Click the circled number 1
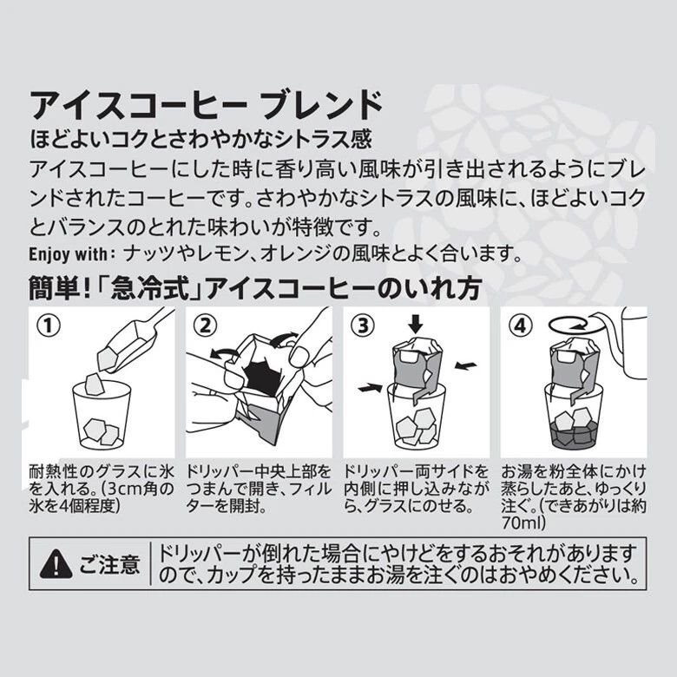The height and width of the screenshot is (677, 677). tap(49, 325)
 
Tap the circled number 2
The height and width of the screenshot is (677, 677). tap(206, 325)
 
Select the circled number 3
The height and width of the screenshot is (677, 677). tap(363, 325)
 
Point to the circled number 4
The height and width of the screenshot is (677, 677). tap(520, 325)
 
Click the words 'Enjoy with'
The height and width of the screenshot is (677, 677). tap(68, 254)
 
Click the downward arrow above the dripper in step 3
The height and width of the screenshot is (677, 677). tap(415, 325)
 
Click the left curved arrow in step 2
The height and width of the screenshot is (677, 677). tap(224, 353)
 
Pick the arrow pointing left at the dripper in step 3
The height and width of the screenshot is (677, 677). tap(465, 365)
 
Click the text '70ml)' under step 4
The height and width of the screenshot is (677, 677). tap(523, 523)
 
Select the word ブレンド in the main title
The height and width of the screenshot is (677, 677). tap(322, 105)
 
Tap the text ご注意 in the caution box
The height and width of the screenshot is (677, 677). tap(109, 564)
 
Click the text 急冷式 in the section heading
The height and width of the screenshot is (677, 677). tap(150, 288)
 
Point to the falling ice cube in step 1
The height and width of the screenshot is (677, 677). tap(95, 385)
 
